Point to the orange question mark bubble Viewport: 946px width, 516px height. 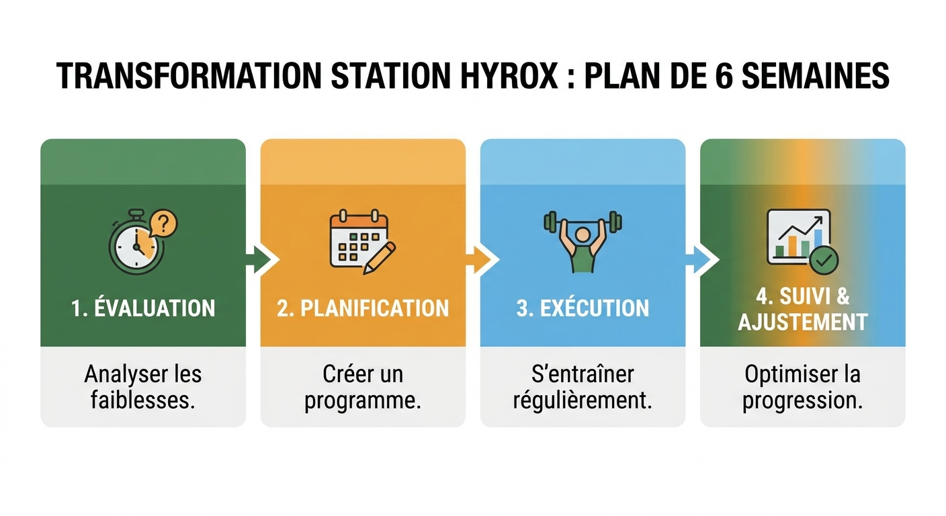163,222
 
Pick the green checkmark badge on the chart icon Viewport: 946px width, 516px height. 824,259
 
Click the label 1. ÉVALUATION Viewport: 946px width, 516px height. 143,308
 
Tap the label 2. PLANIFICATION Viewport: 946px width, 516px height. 363,308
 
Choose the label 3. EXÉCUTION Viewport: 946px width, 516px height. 583,308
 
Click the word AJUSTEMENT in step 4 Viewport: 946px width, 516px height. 803,322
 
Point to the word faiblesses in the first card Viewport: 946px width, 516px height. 143,400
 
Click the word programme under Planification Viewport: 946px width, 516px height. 363,400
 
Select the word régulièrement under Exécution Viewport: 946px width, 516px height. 583,400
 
